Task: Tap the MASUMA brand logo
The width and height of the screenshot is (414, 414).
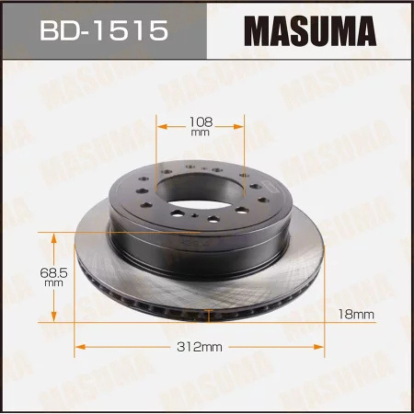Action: click(x=310, y=31)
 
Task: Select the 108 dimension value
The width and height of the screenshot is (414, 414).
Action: click(x=200, y=123)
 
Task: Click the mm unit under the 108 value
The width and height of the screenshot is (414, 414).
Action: click(x=200, y=133)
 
